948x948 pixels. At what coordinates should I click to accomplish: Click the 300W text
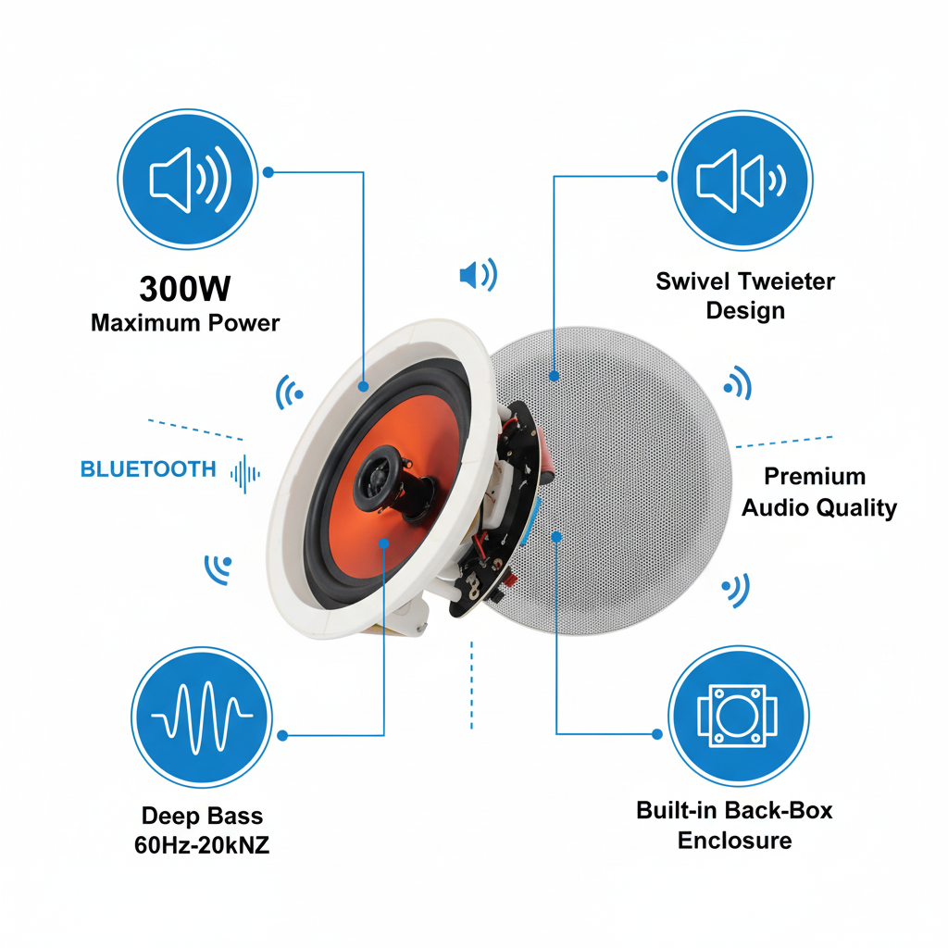[185, 289]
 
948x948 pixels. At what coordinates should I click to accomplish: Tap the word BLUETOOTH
[148, 469]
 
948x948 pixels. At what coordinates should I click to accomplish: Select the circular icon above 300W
[188, 180]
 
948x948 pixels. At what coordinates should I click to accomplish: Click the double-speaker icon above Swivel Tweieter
[742, 181]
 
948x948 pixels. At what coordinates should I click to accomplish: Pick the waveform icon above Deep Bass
[201, 717]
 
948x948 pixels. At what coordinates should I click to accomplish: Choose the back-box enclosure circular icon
[738, 716]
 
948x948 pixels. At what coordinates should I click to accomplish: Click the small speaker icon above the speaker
[479, 275]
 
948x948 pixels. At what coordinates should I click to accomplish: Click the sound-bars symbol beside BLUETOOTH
[244, 473]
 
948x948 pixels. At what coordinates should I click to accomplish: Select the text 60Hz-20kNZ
[202, 844]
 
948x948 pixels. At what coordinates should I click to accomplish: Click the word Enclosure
[734, 841]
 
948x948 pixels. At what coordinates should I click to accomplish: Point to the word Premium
[815, 477]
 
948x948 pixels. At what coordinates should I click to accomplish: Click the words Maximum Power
[185, 323]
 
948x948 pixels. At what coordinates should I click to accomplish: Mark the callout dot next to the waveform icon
[282, 736]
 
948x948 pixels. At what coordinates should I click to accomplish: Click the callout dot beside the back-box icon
[657, 734]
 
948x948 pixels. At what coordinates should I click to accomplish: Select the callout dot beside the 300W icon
[268, 172]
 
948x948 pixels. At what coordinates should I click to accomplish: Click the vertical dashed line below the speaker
[471, 685]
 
